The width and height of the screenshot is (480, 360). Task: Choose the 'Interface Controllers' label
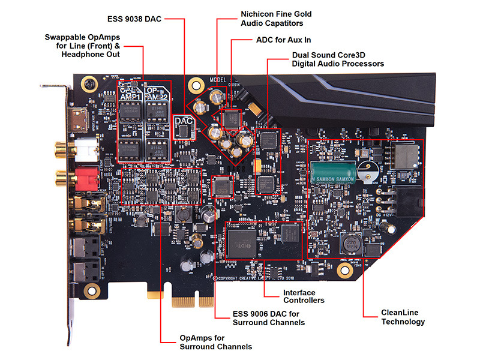(x=304, y=296)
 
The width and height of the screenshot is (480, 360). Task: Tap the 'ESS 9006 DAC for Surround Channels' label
(x=268, y=318)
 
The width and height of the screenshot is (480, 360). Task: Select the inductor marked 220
(x=347, y=244)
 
